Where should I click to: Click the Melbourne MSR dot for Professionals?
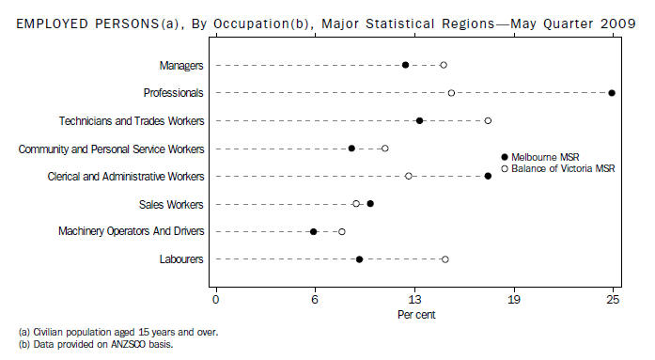[x=612, y=93]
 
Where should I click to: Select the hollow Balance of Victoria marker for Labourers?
[x=444, y=259]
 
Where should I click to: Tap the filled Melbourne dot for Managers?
[x=405, y=65]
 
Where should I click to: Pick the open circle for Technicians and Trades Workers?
[x=488, y=120]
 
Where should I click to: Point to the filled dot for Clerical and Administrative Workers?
[x=488, y=176]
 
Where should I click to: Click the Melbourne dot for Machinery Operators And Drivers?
[x=313, y=231]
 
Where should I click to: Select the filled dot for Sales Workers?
[x=370, y=204]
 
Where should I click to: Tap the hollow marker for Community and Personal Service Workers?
[x=384, y=149]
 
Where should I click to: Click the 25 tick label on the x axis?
[x=613, y=300]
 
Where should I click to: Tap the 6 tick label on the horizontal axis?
[x=315, y=300]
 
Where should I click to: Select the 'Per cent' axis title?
[x=415, y=314]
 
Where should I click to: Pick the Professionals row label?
[x=174, y=93]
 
